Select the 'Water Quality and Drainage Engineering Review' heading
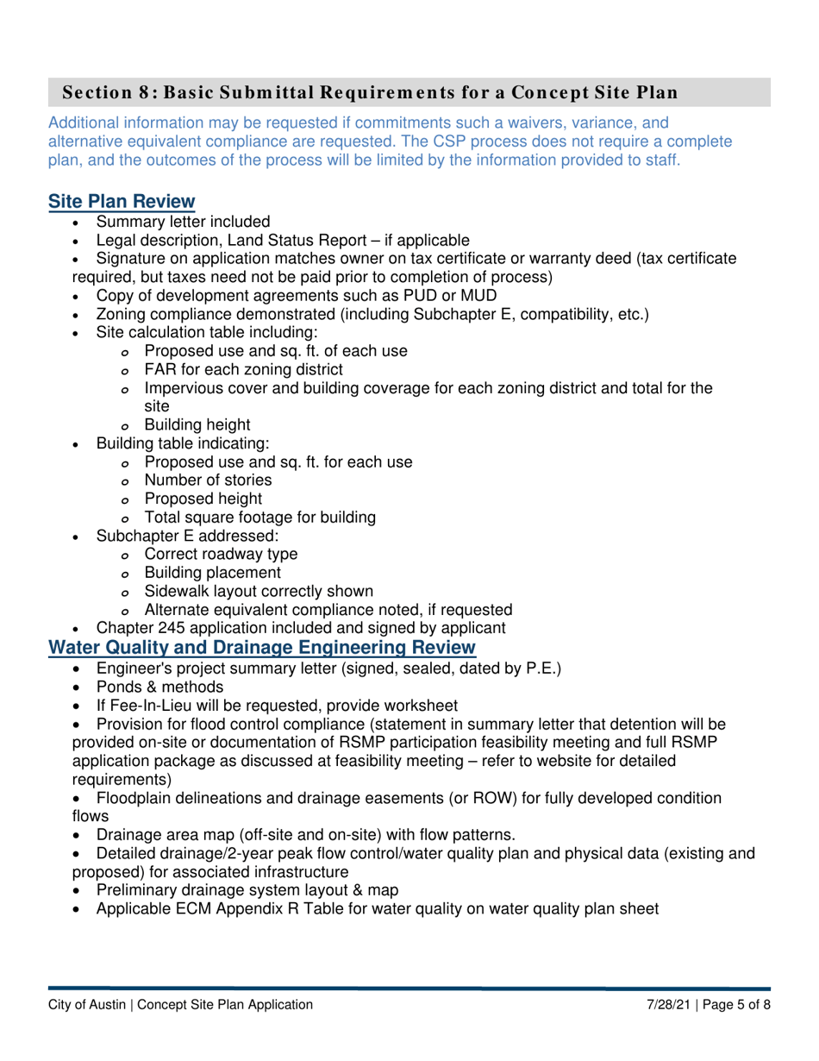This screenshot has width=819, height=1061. (261, 647)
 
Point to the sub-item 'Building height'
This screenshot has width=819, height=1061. (197, 424)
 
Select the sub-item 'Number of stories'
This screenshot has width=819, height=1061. (208, 480)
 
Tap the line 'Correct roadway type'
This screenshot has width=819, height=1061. (222, 555)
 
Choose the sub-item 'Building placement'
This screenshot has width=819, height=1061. (212, 573)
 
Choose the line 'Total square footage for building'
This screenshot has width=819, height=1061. (259, 518)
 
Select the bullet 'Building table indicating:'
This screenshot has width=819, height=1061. (183, 443)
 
